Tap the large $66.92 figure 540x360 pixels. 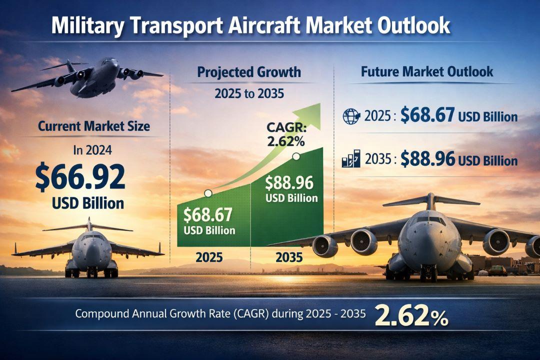pos(80,176)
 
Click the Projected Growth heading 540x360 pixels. pos(249,72)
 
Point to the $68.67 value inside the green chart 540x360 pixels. pos(208,215)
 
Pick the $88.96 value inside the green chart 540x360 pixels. pos(289,182)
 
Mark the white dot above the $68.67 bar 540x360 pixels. pos(208,192)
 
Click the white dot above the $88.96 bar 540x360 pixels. pos(296,157)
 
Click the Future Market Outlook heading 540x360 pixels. pos(426,71)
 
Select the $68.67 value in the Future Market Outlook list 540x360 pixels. pos(427,115)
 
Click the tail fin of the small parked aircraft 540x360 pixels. pos(89,223)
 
